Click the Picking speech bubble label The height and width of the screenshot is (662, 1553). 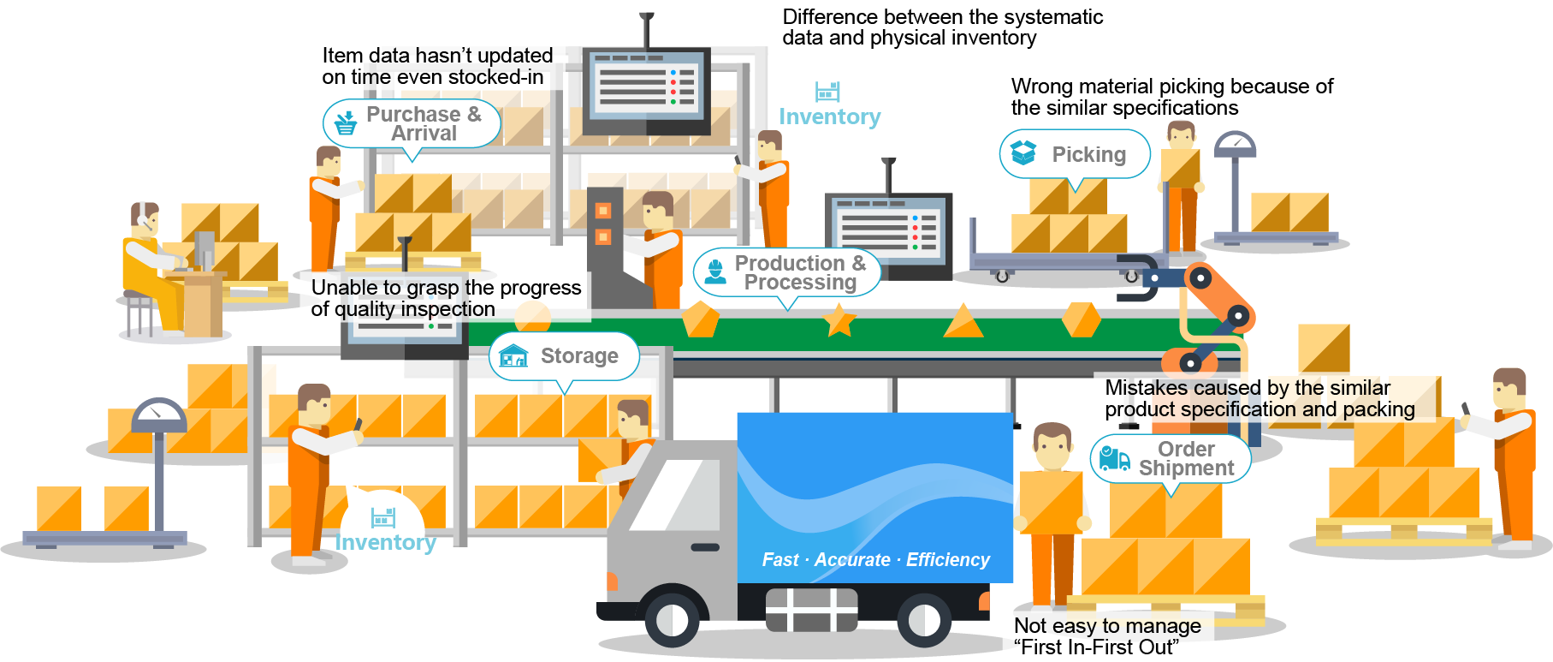[1075, 154]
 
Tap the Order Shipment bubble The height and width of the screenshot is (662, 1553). [1170, 459]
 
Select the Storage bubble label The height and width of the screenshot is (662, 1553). [565, 355]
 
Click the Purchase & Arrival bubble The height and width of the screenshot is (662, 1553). [412, 123]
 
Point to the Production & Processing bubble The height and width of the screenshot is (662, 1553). [786, 272]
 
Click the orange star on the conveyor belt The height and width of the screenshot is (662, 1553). [839, 320]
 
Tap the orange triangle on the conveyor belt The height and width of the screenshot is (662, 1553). [963, 321]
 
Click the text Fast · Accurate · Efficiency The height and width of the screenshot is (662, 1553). [875, 560]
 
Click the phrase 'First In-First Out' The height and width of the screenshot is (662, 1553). [1096, 647]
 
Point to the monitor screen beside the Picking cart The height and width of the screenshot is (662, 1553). [887, 229]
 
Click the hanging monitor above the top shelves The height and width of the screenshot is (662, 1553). [646, 86]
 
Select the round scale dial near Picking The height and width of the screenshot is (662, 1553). [1235, 144]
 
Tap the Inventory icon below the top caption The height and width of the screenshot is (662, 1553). [827, 92]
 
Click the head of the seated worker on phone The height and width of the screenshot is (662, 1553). [145, 219]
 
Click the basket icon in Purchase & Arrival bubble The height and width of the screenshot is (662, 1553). [346, 123]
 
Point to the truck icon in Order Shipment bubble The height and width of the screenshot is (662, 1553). [1114, 458]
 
